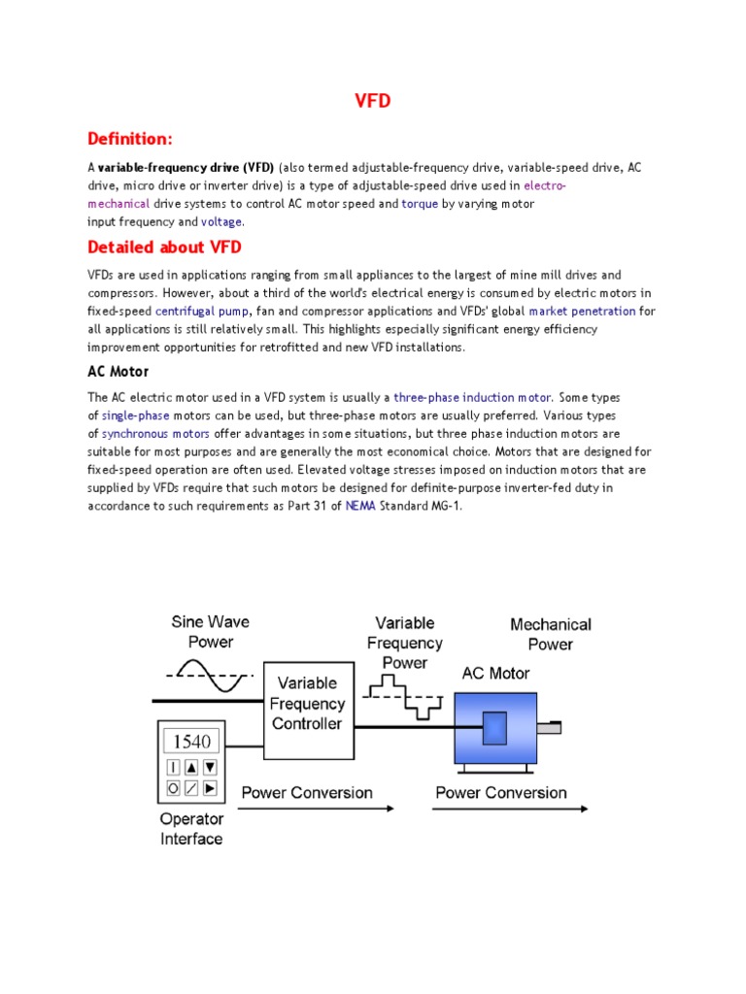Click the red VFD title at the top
372,101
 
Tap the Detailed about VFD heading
164,247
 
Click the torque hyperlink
420,204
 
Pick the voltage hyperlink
221,222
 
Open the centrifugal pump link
203,312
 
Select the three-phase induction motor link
473,398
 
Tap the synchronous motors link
155,434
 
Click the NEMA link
357,506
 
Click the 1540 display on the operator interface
191,743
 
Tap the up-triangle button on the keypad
191,767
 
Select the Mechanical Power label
550,634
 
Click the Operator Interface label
190,828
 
